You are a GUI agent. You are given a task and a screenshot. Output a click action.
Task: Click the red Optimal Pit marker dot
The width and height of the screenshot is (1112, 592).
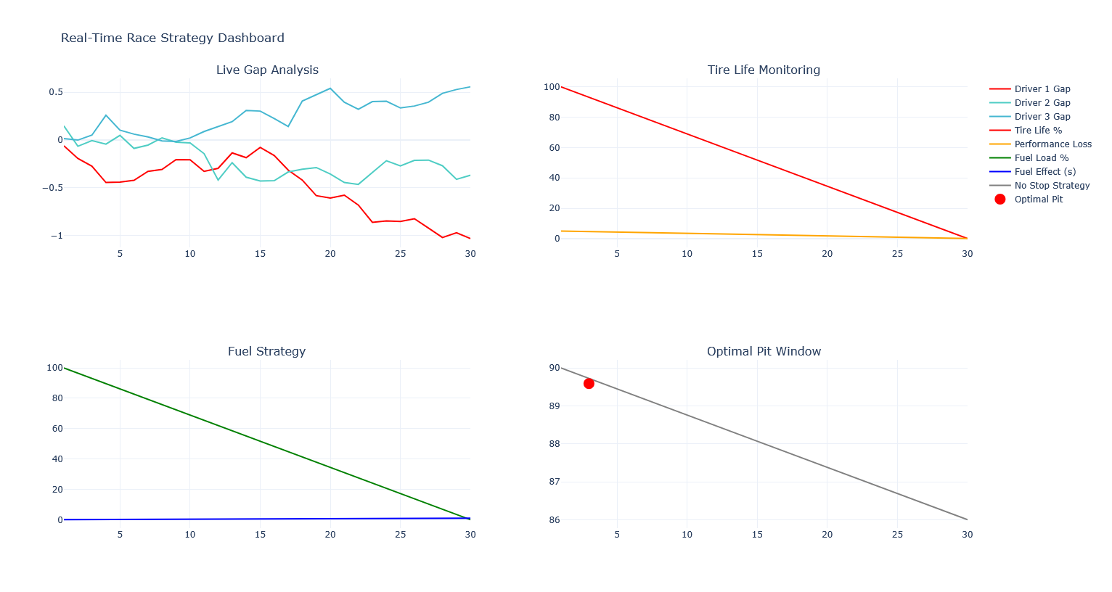(589, 383)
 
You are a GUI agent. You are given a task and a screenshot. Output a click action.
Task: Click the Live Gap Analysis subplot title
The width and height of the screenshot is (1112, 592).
(267, 70)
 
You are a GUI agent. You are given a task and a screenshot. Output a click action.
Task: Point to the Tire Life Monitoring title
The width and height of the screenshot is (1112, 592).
(764, 70)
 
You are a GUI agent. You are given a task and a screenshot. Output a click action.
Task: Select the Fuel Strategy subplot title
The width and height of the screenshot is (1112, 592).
(266, 351)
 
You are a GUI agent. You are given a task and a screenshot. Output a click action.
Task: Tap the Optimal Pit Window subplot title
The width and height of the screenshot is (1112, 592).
(764, 351)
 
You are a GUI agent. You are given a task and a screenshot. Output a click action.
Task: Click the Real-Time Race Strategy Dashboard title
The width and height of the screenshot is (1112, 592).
(173, 38)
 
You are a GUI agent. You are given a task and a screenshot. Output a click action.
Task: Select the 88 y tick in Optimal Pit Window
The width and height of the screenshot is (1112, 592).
(555, 444)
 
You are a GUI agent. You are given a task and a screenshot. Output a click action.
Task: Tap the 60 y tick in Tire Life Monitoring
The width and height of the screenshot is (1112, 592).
(552, 148)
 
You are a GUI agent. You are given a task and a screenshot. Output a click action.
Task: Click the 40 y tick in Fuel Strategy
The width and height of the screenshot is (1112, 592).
(54, 459)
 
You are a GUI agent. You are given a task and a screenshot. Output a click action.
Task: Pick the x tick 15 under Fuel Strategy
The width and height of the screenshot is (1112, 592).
(260, 535)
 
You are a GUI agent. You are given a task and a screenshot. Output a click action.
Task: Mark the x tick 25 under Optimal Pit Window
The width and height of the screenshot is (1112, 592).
(897, 535)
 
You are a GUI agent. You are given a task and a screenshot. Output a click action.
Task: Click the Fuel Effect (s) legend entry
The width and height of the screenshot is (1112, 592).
(1044, 172)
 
